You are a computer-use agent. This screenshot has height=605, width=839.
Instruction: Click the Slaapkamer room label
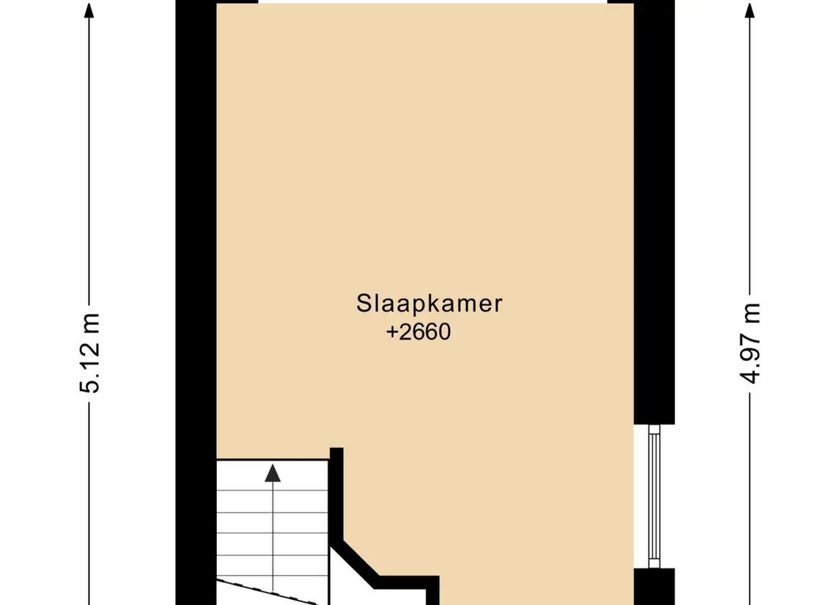(429, 304)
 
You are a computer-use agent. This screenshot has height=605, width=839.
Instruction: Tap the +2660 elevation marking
(418, 332)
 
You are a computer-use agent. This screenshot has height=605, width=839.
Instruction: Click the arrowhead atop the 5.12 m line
(89, 10)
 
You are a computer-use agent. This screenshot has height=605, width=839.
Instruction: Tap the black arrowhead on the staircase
(273, 473)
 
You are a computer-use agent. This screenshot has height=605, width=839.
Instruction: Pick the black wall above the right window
(653, 220)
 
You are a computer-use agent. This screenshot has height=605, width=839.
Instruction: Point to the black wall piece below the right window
(653, 586)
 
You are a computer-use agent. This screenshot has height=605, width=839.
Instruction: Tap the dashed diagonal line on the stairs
(271, 591)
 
